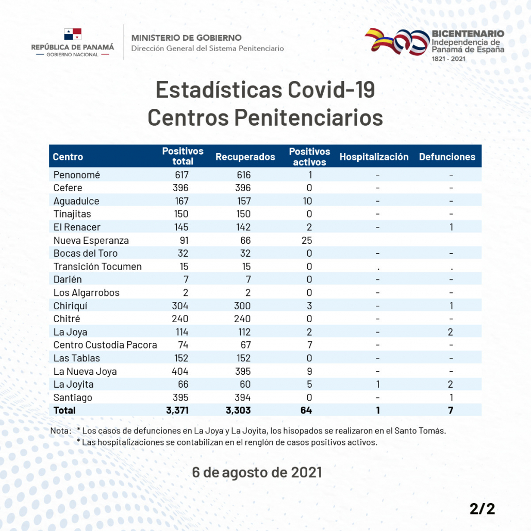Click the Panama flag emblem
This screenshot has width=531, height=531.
(x=73, y=34)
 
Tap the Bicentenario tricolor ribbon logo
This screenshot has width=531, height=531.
(x=397, y=42)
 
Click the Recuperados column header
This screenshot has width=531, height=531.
(x=245, y=157)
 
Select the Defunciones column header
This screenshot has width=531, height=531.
(x=447, y=157)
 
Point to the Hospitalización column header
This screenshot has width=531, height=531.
(x=374, y=157)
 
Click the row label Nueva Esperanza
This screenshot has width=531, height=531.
(x=91, y=240)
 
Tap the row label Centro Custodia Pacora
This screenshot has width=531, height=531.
(x=105, y=345)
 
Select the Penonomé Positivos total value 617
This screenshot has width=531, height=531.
(x=181, y=175)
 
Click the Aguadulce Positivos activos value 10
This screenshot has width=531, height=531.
(x=307, y=201)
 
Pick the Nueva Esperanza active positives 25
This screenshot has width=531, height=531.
(x=307, y=240)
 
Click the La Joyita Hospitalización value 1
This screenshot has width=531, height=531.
(x=377, y=385)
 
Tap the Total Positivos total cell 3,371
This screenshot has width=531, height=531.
(x=177, y=410)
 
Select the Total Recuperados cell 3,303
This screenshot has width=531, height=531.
(x=238, y=410)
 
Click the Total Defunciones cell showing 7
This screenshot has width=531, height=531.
(x=451, y=410)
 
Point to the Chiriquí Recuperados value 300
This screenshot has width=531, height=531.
(x=242, y=306)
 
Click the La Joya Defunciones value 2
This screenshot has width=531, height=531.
(x=451, y=332)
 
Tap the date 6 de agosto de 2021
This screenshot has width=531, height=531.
(x=257, y=472)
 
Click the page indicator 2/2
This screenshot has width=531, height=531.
(x=482, y=509)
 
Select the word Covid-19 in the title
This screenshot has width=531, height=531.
(x=331, y=90)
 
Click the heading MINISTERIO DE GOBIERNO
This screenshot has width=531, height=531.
(x=187, y=38)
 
